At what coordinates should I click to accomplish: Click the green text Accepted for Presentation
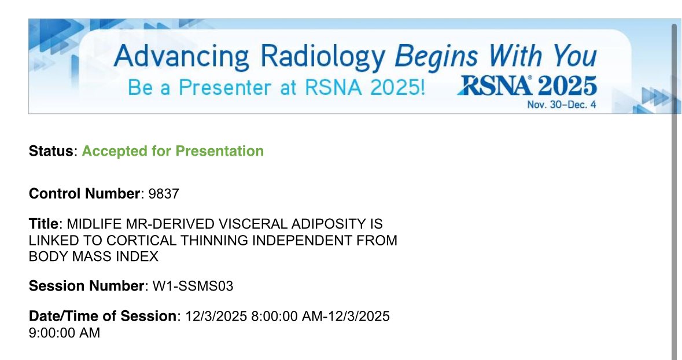[172, 151]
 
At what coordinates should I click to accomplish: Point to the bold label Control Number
[84, 194]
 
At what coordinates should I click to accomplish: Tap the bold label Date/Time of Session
[103, 317]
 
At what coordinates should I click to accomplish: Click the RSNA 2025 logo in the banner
[526, 86]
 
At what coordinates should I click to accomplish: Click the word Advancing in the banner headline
[182, 57]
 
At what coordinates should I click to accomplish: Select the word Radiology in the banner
[322, 57]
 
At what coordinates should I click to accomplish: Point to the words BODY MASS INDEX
[94, 256]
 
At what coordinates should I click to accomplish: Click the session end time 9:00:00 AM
[64, 333]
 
